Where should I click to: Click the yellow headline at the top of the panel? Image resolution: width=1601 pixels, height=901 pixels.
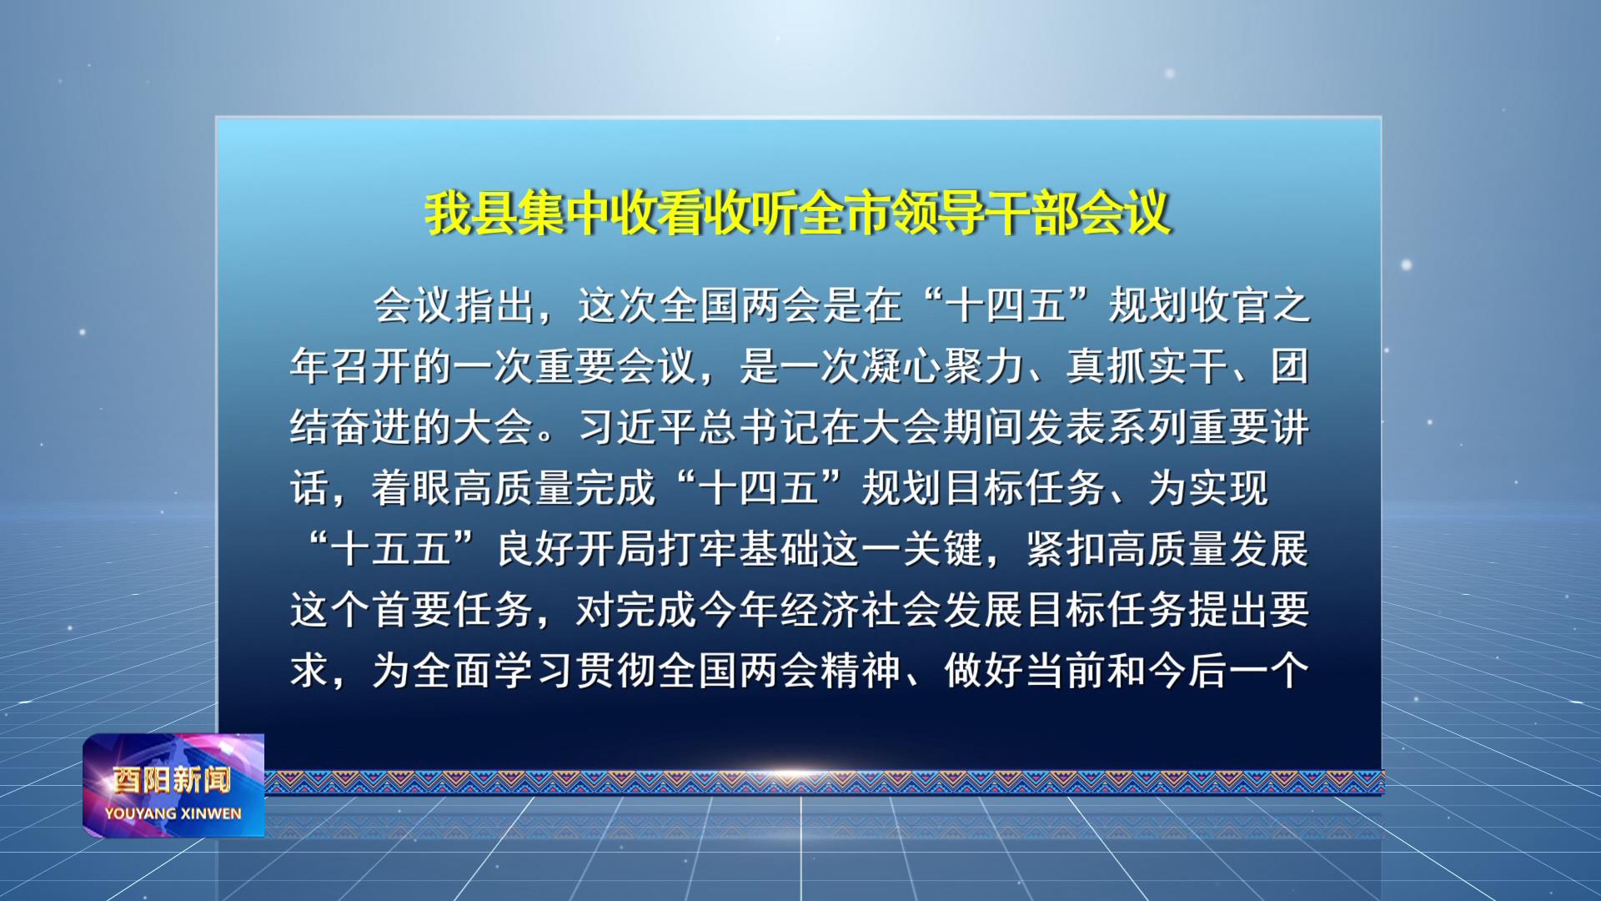click(x=799, y=214)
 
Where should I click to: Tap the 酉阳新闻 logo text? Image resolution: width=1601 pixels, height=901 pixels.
click(x=173, y=780)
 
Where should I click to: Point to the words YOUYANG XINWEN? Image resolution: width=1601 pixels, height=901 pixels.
click(x=173, y=813)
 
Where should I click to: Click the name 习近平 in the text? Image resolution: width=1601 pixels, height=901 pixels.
click(x=638, y=427)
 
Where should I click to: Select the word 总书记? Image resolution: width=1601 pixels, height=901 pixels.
click(x=760, y=427)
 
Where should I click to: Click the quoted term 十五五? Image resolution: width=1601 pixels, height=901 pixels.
click(x=392, y=550)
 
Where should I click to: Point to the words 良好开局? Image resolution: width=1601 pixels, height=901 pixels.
click(x=576, y=550)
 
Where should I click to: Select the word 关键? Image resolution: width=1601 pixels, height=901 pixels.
click(x=943, y=550)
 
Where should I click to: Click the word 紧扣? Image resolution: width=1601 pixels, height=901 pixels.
click(x=1067, y=550)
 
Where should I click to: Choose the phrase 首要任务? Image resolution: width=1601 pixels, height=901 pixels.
click(x=454, y=611)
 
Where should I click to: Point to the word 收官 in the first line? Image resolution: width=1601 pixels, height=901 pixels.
click(x=1229, y=305)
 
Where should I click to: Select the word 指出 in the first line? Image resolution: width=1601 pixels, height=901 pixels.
click(x=495, y=305)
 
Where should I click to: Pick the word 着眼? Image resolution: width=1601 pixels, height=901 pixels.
click(x=413, y=488)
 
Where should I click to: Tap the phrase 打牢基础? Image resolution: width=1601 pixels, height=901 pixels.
click(x=740, y=550)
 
